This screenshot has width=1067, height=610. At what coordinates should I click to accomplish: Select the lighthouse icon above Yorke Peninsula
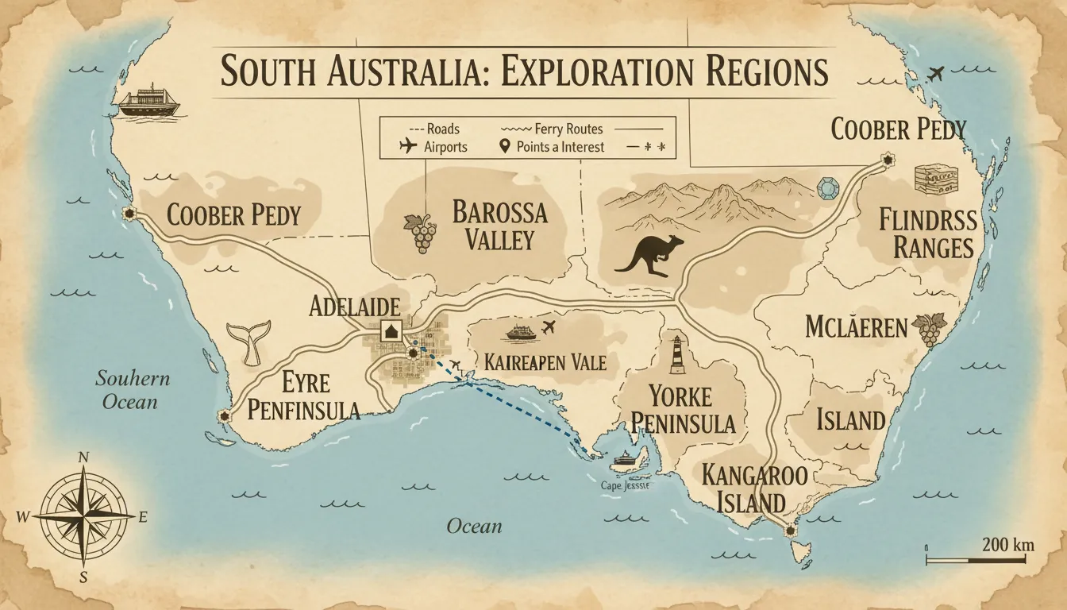(676, 353)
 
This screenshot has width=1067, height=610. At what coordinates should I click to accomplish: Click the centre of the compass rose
(83, 516)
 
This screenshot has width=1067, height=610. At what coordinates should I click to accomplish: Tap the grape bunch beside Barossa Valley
(423, 234)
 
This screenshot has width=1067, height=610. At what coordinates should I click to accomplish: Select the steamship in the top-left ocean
(148, 101)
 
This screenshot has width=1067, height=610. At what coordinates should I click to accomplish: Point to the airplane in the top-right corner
(936, 75)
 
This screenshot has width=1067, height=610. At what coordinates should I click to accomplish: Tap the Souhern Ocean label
(132, 389)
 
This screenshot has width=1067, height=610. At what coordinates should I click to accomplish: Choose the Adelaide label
(354, 307)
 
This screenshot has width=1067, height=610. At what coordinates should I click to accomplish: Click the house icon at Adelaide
(391, 330)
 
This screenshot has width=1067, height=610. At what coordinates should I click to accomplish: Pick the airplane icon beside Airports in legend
(408, 146)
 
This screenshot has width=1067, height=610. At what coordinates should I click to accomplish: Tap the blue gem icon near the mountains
(826, 189)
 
